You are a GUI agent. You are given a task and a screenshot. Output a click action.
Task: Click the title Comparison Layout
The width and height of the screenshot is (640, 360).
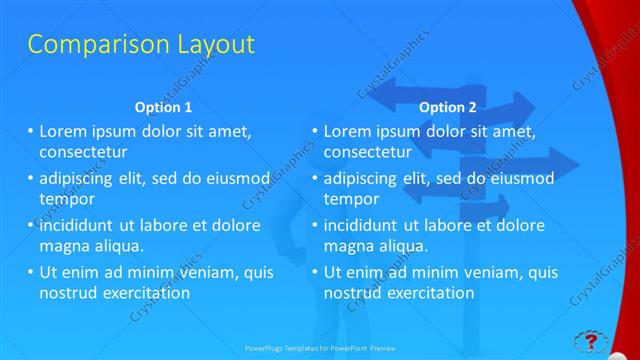pos(141,45)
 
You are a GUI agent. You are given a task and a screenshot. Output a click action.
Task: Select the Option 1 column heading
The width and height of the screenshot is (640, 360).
pos(163,107)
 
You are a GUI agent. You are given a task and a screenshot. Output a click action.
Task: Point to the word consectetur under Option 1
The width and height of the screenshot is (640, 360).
pos(83,152)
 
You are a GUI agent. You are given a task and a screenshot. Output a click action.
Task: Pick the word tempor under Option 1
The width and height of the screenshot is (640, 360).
pos(61,199)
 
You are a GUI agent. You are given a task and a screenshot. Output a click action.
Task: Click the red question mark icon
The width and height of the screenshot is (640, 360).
pos(590,341)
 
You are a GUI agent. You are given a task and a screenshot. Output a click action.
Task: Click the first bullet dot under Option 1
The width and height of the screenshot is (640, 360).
pos(30,131)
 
